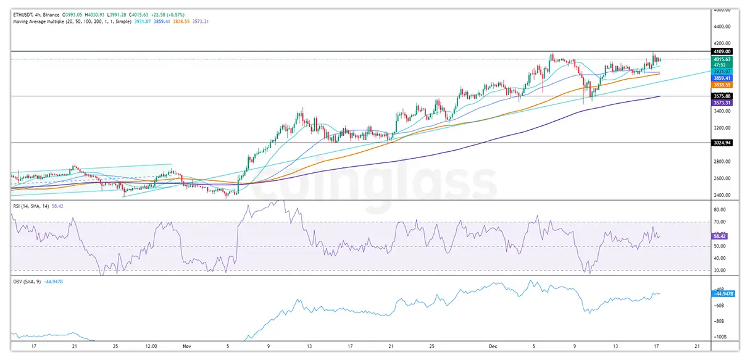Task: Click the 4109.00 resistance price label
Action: click(x=718, y=51)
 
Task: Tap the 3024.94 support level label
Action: click(x=718, y=143)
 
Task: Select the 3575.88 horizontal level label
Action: click(x=718, y=96)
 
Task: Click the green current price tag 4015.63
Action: click(x=718, y=59)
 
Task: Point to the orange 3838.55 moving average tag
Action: click(x=718, y=85)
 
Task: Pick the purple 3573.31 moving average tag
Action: click(x=718, y=103)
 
